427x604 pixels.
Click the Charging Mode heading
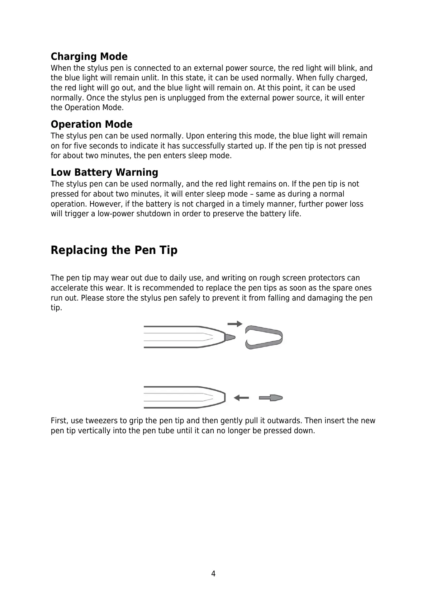pos(89,57)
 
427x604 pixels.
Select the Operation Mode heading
pos(91,124)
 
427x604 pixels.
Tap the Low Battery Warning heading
pos(104,173)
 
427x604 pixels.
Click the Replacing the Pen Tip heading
pos(114,250)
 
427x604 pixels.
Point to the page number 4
pos(213,574)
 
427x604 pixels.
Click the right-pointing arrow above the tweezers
pos(235,324)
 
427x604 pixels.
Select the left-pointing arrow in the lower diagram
pos(241,398)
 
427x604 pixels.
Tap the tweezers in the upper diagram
pos(264,338)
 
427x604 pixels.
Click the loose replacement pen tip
pos(271,398)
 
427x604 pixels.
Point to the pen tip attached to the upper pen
pos(230,337)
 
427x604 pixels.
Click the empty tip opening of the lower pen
pos(224,397)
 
